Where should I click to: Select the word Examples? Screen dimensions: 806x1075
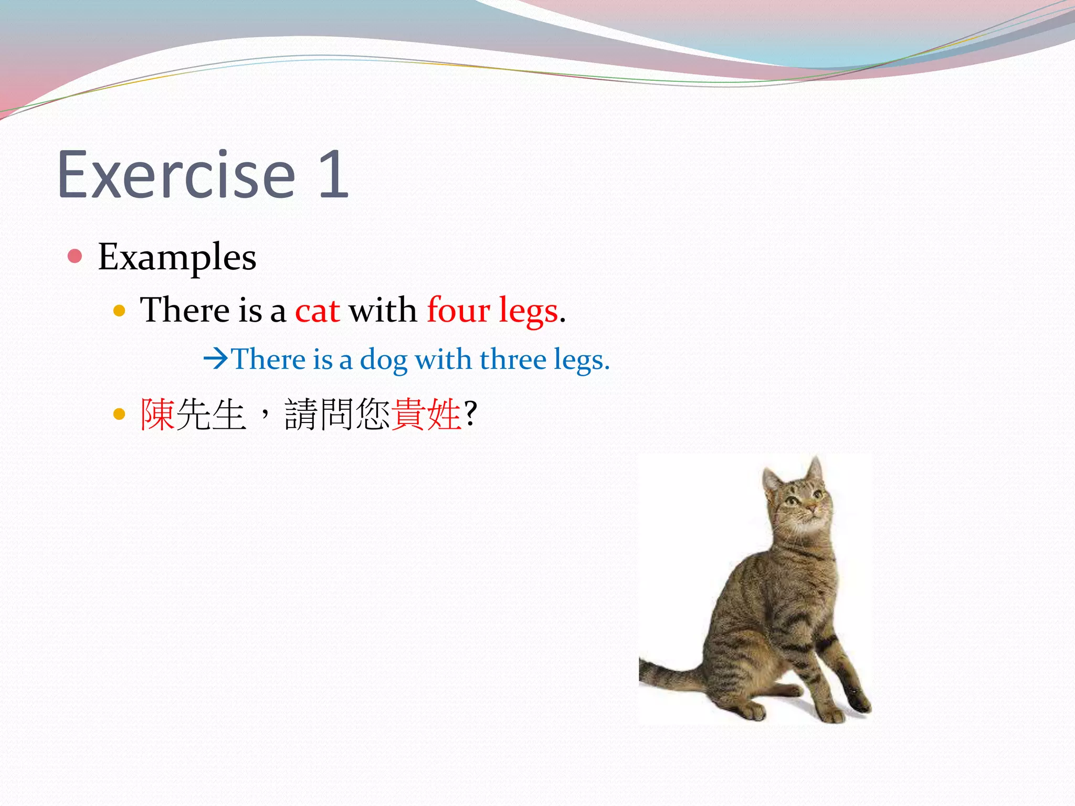click(x=177, y=258)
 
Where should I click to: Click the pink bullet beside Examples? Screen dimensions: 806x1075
click(x=75, y=256)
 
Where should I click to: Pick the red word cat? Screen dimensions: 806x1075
click(x=317, y=310)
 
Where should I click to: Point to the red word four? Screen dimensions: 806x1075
click(x=458, y=310)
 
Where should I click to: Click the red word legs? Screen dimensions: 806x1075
click(x=528, y=311)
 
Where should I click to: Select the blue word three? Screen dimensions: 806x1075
click(x=513, y=360)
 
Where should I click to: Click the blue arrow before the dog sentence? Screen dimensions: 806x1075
click(x=216, y=359)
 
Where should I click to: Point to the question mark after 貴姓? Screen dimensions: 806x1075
click(x=471, y=413)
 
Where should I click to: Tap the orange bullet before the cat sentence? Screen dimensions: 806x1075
click(x=120, y=311)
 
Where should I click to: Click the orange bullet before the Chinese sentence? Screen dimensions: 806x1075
click(x=120, y=415)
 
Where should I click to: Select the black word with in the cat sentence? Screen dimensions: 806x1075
click(x=383, y=310)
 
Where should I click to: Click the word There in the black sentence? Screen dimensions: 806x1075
click(x=184, y=310)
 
